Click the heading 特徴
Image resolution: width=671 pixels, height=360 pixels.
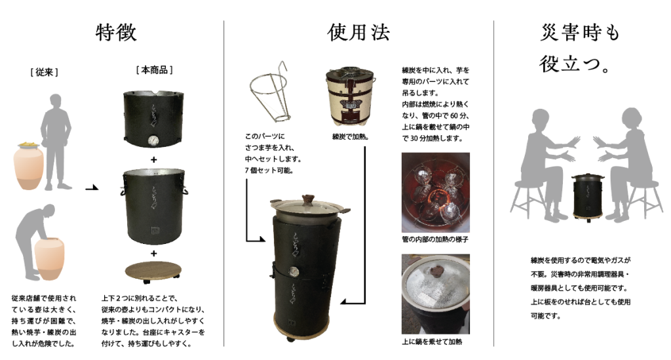(116, 33)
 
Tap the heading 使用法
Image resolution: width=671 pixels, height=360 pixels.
(358, 33)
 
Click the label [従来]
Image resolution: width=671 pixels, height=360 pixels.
(45, 72)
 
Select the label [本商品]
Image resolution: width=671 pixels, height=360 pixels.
(154, 70)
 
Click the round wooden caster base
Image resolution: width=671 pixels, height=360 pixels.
(153, 271)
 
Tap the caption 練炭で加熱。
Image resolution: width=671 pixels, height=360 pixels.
(351, 137)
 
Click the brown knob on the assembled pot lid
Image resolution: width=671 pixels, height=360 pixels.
(308, 200)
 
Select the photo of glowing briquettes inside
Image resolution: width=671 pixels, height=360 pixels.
(436, 193)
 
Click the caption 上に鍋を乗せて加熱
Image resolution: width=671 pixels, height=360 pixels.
(432, 342)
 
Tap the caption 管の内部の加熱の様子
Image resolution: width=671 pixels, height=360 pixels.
(435, 239)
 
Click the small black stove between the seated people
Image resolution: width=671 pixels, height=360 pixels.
(586, 197)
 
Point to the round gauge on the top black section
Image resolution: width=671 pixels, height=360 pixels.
(153, 140)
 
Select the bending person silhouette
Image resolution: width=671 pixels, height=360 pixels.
(34, 242)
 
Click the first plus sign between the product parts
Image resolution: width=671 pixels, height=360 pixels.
(153, 159)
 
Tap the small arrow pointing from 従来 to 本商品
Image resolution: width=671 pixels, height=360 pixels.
(92, 188)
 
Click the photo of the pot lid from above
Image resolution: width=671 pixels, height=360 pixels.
(436, 294)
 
